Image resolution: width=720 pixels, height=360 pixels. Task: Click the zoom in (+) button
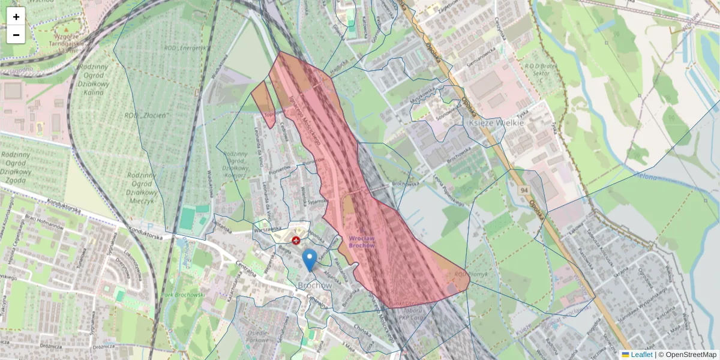[16, 17]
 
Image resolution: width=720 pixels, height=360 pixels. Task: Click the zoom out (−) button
[16, 35]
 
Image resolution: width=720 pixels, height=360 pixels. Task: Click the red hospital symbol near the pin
[295, 241]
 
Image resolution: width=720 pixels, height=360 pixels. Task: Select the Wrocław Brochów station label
[362, 242]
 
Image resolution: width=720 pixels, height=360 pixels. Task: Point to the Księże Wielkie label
[495, 122]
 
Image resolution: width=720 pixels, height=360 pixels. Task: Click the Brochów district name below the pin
[314, 286]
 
